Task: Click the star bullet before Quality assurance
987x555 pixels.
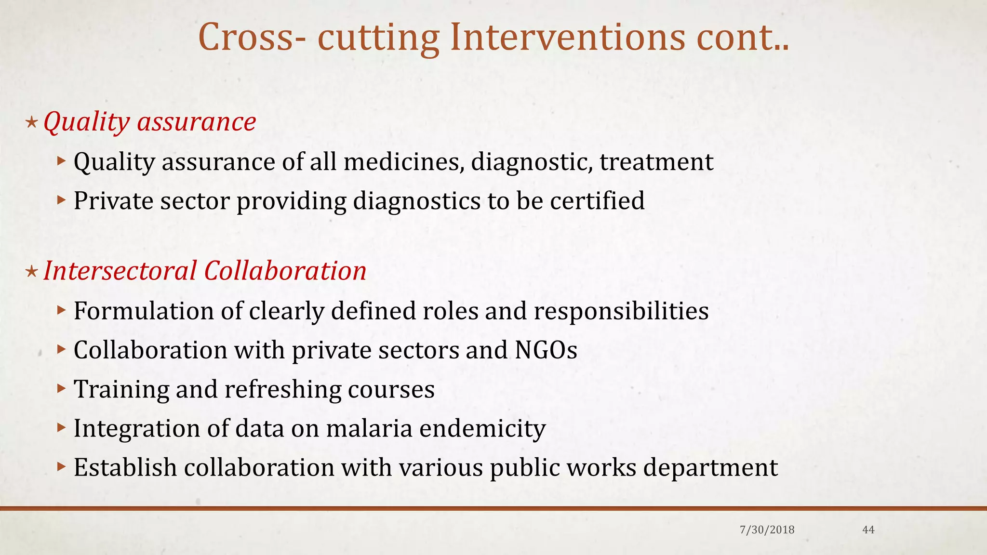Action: tap(31, 122)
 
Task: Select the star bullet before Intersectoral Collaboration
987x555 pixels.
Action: tap(31, 272)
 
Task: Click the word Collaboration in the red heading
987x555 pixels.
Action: tap(285, 271)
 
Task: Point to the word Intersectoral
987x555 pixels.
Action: tap(120, 271)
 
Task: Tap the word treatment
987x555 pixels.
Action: tap(656, 162)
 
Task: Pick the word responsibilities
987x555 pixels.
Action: tap(621, 311)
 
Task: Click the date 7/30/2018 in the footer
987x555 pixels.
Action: tap(767, 530)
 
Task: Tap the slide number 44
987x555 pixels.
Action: tap(868, 530)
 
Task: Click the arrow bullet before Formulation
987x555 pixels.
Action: tap(60, 310)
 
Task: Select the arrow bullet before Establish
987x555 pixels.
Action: tap(60, 466)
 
